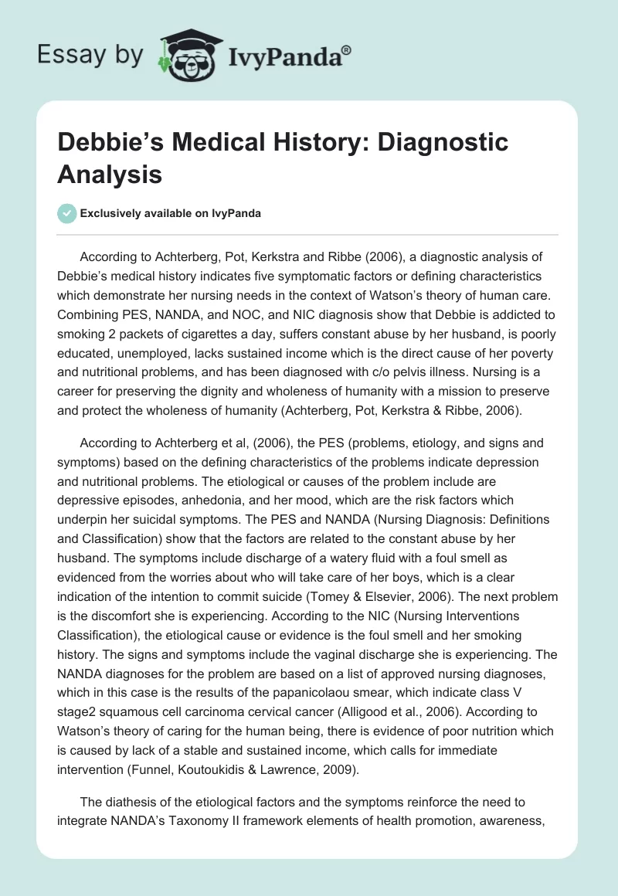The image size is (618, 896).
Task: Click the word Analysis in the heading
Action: point(110,174)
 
